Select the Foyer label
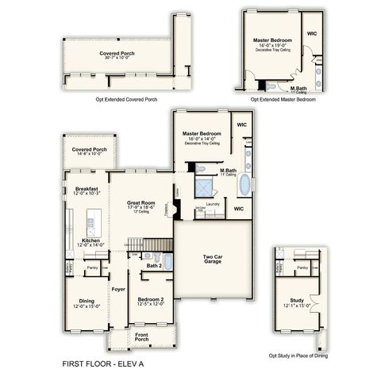click(x=119, y=289)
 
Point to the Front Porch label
click(x=140, y=335)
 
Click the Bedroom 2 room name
click(x=151, y=299)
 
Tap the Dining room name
click(x=88, y=301)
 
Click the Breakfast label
click(x=87, y=189)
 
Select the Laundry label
click(x=212, y=204)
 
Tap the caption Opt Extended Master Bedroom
click(x=283, y=101)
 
